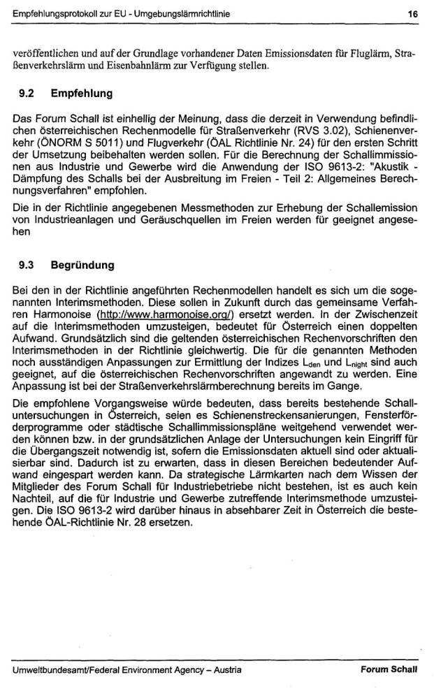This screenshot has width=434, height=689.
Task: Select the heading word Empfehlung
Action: click(82, 92)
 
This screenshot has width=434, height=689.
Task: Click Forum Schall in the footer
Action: click(389, 669)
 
